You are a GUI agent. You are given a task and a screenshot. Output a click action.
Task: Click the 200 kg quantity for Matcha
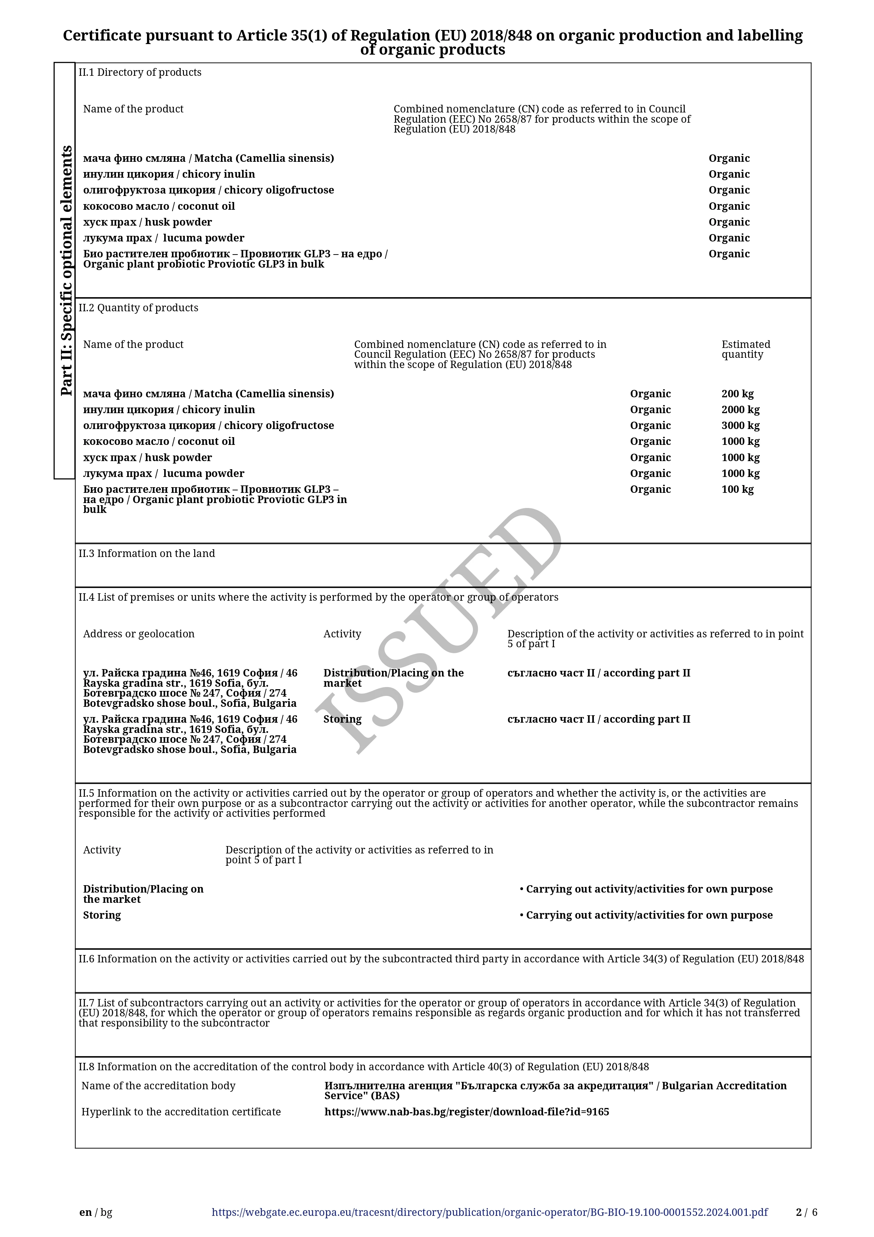point(737,394)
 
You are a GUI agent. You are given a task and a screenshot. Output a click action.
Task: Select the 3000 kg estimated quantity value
point(740,425)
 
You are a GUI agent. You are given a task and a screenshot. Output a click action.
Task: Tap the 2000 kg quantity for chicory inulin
point(740,410)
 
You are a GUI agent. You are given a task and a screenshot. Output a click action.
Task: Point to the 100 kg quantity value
point(737,489)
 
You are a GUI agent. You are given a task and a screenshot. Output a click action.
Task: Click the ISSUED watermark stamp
point(439,630)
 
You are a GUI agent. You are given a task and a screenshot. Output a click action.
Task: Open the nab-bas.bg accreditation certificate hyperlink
point(466,1112)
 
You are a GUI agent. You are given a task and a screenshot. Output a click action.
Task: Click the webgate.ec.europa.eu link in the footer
point(490,1213)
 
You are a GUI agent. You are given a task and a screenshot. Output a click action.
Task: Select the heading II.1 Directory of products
point(140,72)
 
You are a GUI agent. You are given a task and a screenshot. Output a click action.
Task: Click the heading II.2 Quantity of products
point(139,308)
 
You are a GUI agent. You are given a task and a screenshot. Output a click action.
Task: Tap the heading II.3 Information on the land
point(147,553)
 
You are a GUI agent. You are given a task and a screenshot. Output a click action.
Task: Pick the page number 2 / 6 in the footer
point(806,1213)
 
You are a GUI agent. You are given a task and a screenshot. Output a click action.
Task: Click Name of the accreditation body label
point(158,1086)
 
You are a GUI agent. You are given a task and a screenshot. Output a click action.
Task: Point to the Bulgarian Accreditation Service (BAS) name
point(555,1090)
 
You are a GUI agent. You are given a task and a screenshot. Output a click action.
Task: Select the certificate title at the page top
point(432,42)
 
